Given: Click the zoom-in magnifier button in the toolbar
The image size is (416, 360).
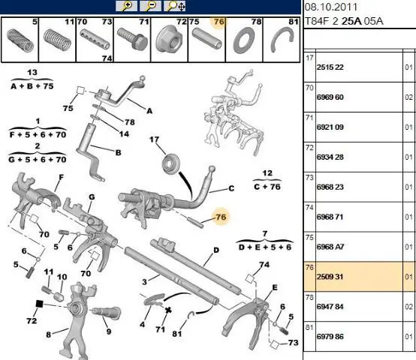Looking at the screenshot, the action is pos(127,6).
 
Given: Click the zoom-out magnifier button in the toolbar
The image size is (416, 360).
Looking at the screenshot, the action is pos(150,6).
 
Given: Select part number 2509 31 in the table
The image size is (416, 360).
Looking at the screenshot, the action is pos(330,277).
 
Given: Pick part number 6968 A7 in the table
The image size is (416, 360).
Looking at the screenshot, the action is pos(330,247).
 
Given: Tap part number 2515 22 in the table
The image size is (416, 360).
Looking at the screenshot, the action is pos(330,67).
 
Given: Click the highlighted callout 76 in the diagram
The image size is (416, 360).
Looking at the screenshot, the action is pos(221,217).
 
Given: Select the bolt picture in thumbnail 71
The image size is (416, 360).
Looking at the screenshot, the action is pos(132,39).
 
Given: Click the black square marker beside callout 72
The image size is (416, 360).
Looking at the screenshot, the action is pos(39,304).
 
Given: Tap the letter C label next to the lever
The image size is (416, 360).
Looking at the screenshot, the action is pos(231,188).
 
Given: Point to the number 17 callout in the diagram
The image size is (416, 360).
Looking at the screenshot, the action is pos(154,139).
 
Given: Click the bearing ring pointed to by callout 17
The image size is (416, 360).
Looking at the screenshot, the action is pos(171,163).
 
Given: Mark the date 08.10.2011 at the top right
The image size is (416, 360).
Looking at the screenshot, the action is pos(331,7).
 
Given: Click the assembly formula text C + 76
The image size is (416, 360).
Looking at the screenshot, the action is pos(267,187).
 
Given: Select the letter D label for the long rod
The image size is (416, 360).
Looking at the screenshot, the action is pos(216,250).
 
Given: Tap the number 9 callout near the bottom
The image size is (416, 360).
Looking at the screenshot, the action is pos(109,331).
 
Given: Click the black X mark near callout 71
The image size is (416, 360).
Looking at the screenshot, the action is pos(168,310).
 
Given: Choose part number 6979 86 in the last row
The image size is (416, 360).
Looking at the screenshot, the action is pos(330,337).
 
